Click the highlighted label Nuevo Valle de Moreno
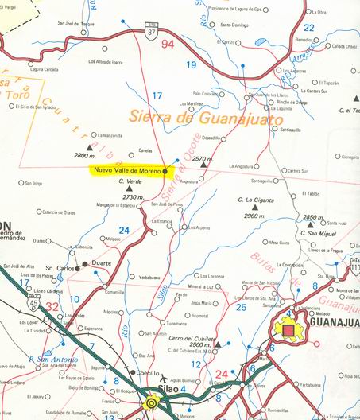click(126, 170)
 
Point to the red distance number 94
click(168, 45)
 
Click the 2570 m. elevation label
click(203, 159)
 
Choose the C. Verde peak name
click(130, 181)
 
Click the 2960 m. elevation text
click(255, 216)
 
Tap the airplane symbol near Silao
click(165, 379)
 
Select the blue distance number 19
click(191, 64)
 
